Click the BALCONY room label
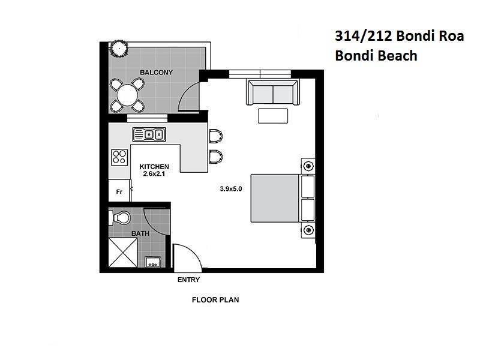pos(156,73)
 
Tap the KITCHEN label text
pos(154,167)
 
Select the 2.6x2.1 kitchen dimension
pos(154,175)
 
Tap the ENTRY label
pos(188,280)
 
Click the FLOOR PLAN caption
pos(215,299)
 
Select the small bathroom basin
pos(152,261)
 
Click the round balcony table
pos(127,94)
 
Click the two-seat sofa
pos(272,92)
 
